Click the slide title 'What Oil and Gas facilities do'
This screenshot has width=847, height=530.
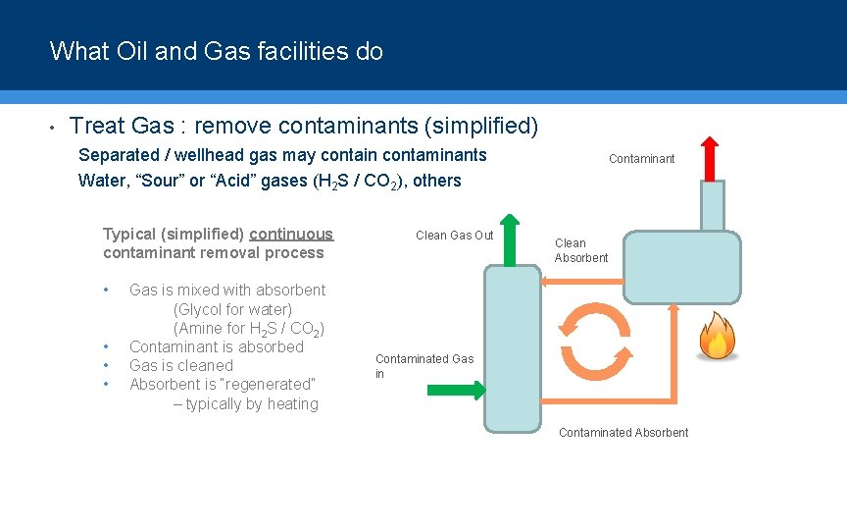tap(216, 51)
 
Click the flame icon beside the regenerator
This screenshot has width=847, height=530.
tap(717, 337)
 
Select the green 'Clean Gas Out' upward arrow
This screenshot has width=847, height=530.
tap(510, 239)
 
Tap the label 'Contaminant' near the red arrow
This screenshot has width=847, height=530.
tap(641, 159)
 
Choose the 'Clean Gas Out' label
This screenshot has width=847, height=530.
tap(454, 236)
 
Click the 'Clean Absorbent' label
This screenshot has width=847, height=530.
tap(580, 250)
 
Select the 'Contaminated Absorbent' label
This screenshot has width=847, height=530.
tap(623, 433)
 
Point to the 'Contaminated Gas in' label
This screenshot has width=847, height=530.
tap(423, 366)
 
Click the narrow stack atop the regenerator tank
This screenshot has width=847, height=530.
tap(713, 206)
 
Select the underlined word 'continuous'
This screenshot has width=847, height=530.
tap(291, 235)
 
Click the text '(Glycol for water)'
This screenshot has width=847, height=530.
tap(232, 309)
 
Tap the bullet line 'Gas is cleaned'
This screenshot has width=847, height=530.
tap(180, 366)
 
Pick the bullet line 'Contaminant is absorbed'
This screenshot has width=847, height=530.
tap(216, 346)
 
